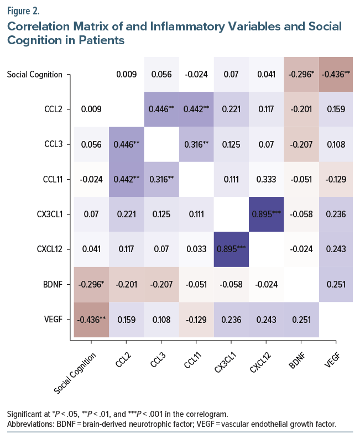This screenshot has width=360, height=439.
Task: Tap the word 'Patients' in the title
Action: (97, 40)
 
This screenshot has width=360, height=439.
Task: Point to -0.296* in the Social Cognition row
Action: (301, 74)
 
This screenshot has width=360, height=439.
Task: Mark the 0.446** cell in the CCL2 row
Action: (161, 109)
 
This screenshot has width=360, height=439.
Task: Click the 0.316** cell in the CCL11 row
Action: (161, 179)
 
